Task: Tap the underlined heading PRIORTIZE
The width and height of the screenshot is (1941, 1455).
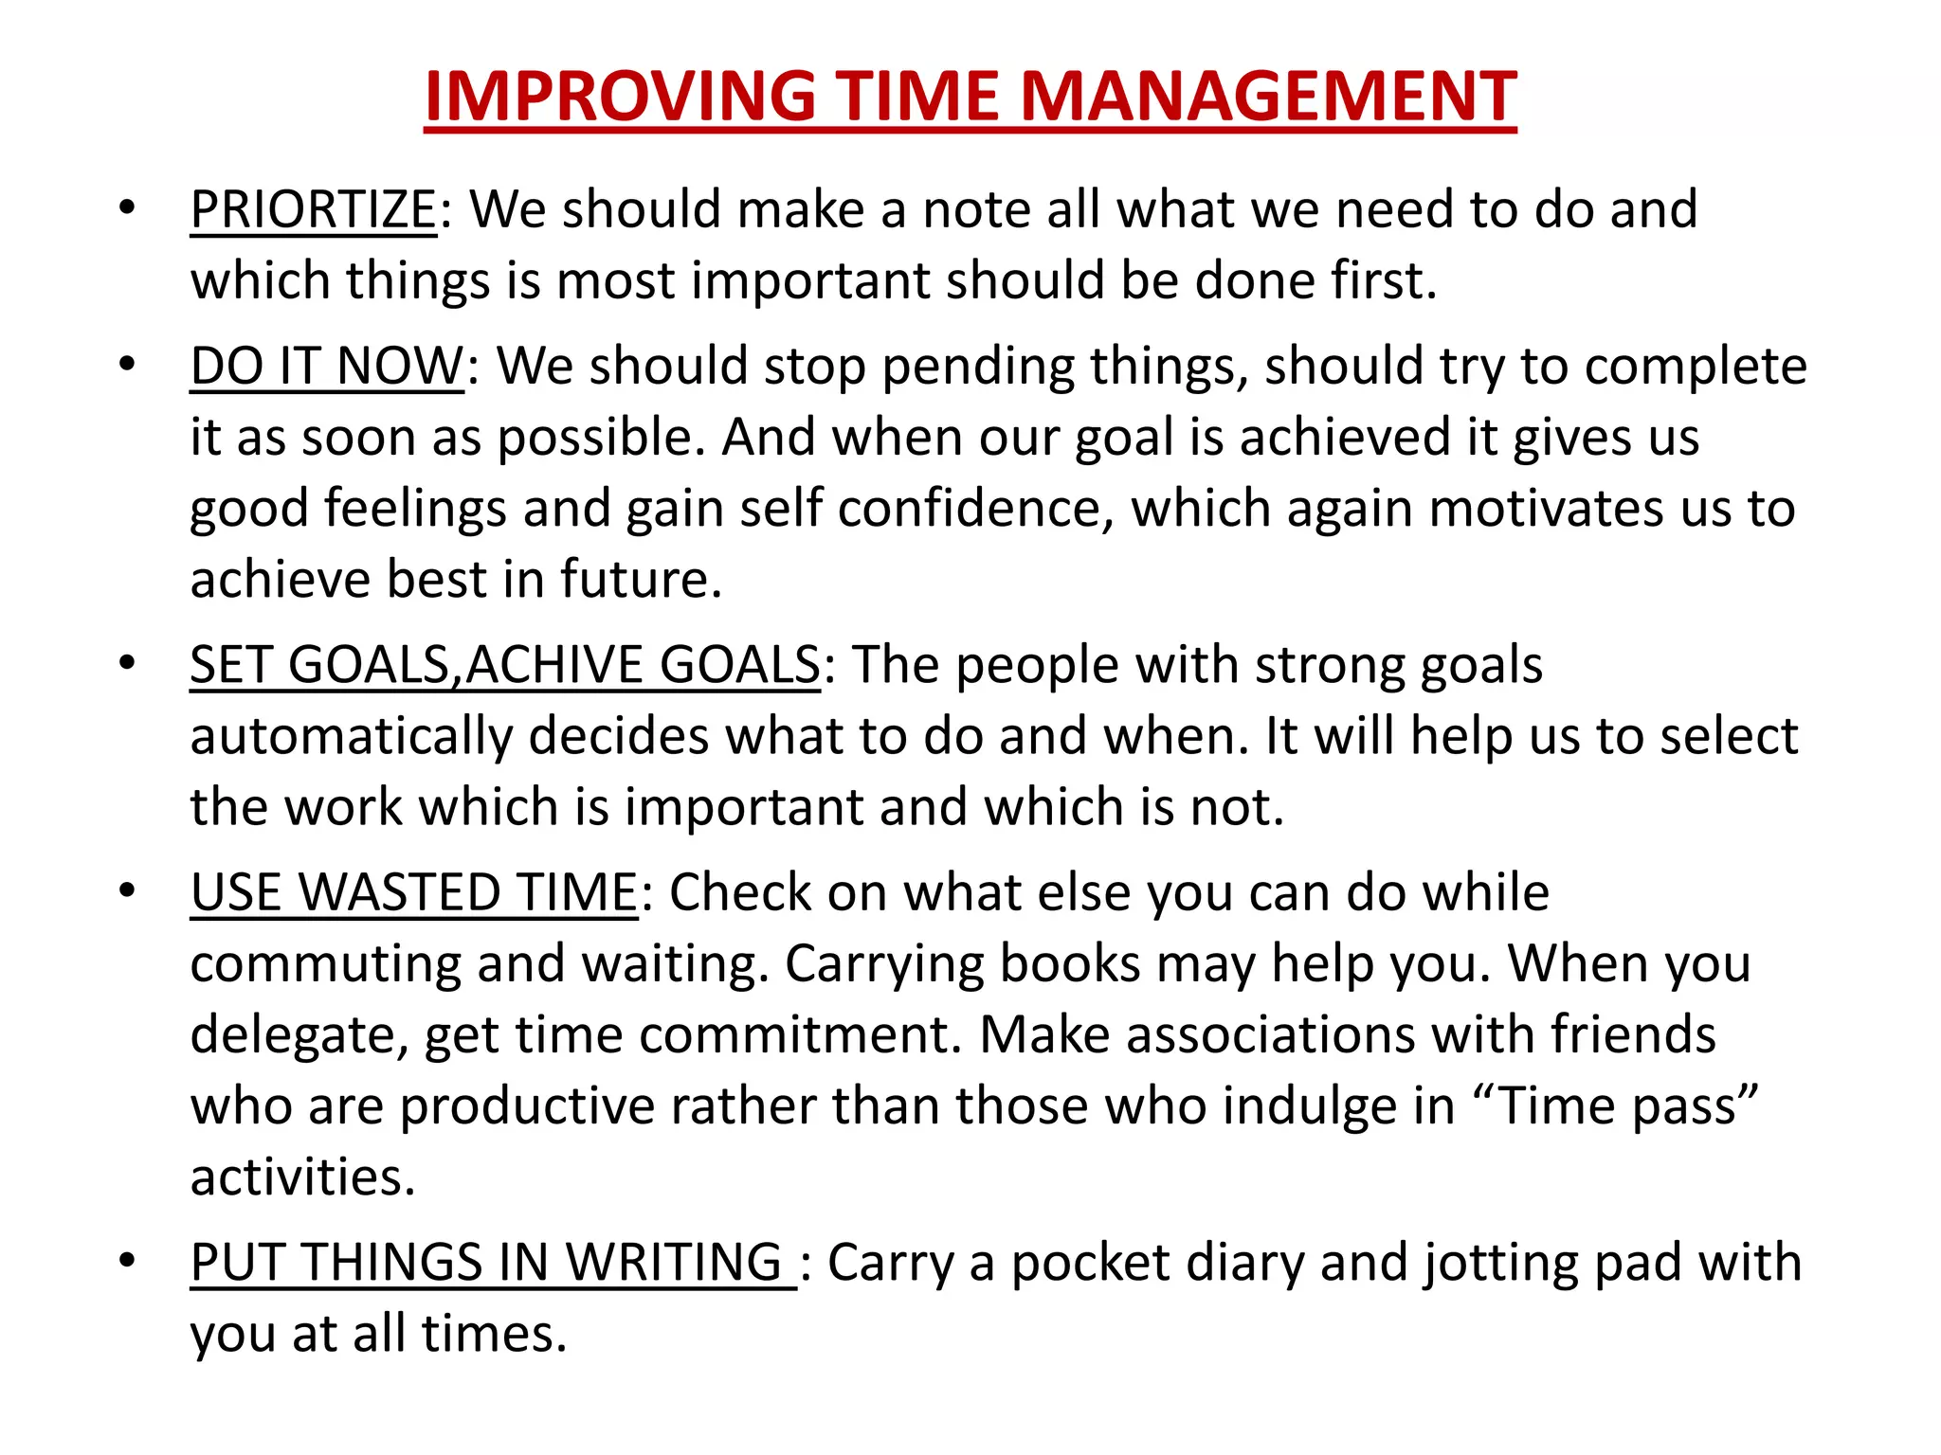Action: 313,209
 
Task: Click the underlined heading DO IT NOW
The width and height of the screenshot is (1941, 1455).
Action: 327,367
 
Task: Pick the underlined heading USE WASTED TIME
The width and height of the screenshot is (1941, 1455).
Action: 414,893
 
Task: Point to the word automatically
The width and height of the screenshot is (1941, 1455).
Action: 351,737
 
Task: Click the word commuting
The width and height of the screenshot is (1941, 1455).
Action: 325,964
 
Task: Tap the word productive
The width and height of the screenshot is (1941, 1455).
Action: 527,1106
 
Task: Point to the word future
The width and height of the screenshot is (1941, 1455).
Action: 641,580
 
